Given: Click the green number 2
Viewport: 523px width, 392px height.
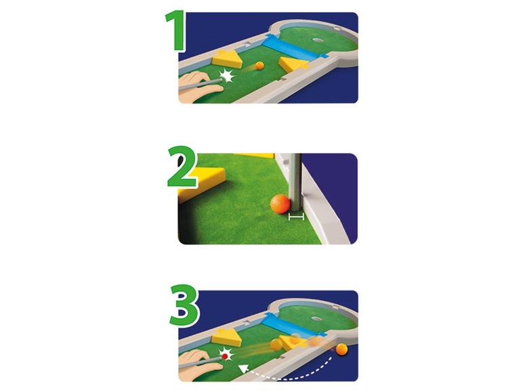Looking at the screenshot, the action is [x=182, y=167].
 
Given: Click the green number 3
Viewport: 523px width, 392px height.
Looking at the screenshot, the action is [x=184, y=305].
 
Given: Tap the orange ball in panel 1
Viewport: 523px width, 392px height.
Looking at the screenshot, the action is [x=259, y=66].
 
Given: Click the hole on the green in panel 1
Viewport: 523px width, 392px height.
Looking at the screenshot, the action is [x=318, y=40].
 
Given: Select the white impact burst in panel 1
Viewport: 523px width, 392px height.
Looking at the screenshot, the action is [x=227, y=75].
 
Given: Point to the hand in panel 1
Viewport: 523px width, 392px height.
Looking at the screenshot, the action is [x=199, y=86].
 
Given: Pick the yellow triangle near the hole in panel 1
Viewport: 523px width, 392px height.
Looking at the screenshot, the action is [x=293, y=64].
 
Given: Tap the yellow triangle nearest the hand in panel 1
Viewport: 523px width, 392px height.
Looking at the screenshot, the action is [x=228, y=59].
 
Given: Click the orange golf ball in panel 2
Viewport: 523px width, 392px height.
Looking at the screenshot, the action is [x=280, y=204].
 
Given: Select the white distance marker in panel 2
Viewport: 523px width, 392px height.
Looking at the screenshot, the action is [x=296, y=217].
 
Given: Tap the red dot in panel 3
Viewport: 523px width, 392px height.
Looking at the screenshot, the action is [x=225, y=356].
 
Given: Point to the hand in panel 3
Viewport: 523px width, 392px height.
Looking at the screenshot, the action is [x=199, y=366].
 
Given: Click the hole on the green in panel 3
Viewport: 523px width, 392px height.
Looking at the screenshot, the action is [x=318, y=319].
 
